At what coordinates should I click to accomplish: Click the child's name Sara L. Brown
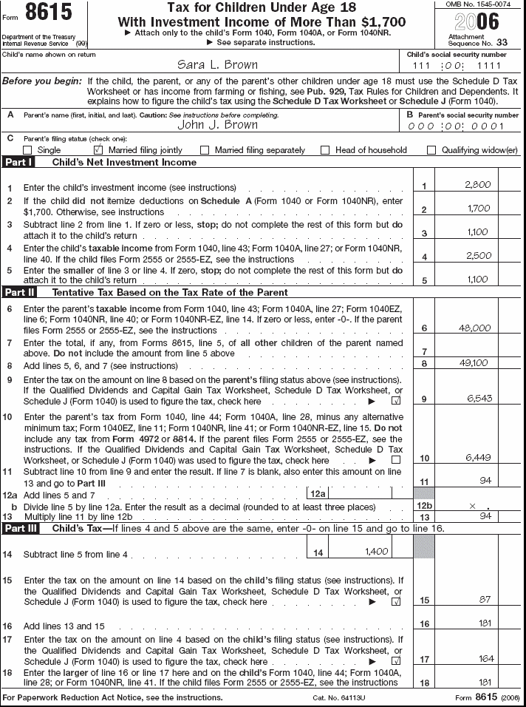(219, 65)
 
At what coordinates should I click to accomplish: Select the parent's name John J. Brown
(218, 124)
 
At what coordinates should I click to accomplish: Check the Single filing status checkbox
(27, 150)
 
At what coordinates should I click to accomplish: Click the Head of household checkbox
(325, 150)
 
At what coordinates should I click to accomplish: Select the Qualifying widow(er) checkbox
(431, 150)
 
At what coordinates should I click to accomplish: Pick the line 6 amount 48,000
(474, 328)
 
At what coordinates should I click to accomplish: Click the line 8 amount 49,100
(474, 363)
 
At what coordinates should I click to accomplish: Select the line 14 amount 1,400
(377, 552)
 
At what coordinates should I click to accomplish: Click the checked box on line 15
(395, 602)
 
